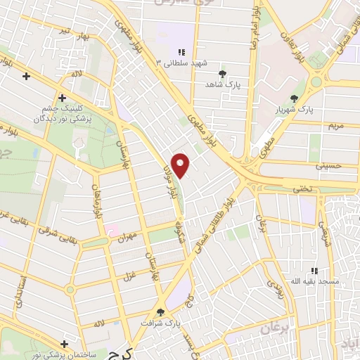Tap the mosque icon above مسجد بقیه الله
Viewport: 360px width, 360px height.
tap(315, 271)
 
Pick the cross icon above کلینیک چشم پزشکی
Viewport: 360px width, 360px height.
tap(62, 98)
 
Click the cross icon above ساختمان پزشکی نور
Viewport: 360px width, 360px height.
tap(65, 345)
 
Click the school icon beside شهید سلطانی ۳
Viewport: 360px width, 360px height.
tap(181, 52)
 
